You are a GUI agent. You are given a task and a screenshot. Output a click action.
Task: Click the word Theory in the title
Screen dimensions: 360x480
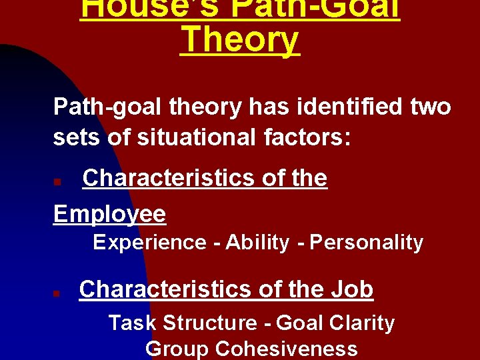click(x=240, y=40)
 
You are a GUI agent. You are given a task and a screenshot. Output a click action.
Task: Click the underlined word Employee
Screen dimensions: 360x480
click(x=109, y=214)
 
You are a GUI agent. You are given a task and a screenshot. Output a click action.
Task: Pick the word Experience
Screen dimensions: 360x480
click(x=149, y=243)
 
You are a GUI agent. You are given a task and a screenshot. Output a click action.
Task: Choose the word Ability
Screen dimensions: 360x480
click(x=257, y=243)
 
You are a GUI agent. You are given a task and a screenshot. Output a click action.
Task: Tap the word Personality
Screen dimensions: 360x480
click(x=367, y=243)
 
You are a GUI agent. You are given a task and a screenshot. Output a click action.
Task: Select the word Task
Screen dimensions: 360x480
click(x=133, y=323)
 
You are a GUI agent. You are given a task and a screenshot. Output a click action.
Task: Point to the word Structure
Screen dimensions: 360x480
click(x=209, y=323)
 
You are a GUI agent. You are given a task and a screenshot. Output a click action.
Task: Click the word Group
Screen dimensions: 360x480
click(x=177, y=349)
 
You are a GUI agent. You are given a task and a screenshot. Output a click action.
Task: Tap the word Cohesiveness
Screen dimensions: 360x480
click(x=287, y=349)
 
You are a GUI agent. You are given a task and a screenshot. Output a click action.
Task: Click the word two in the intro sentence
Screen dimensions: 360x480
click(x=431, y=107)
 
